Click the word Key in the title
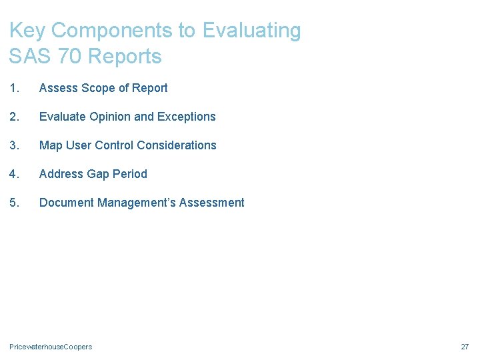(x=27, y=31)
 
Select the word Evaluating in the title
(x=252, y=31)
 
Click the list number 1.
(x=14, y=88)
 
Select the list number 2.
(x=14, y=117)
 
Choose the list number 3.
(x=14, y=145)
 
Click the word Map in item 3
(x=51, y=145)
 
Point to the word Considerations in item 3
(x=177, y=145)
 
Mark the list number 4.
(x=14, y=174)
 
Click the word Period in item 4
(x=130, y=174)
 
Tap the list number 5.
(x=14, y=203)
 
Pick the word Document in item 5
(x=67, y=203)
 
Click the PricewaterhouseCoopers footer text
(x=51, y=347)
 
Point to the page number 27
(x=465, y=347)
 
